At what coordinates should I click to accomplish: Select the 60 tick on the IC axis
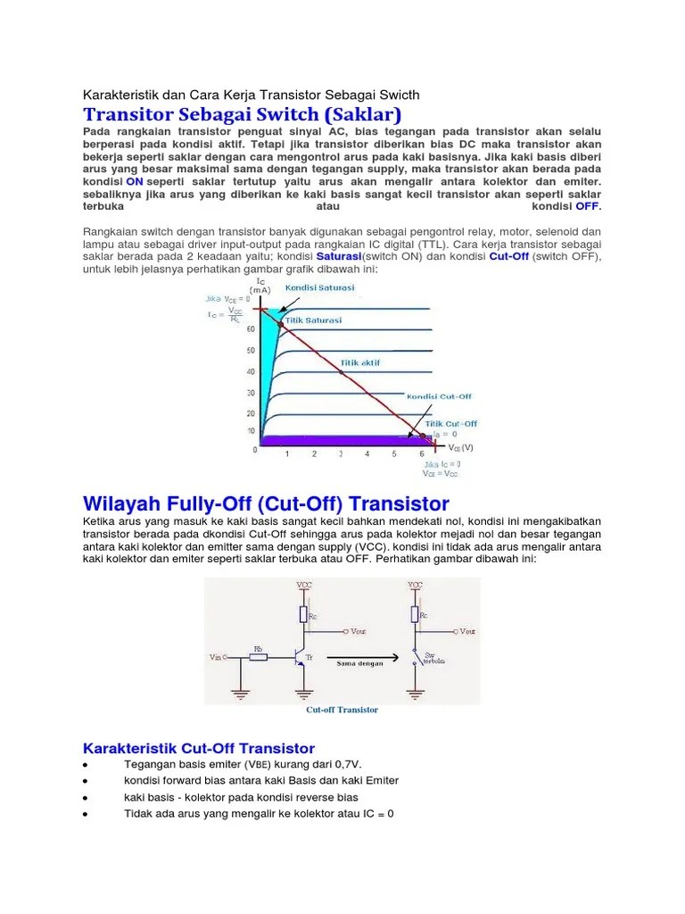[251, 328]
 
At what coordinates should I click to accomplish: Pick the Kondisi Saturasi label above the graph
[318, 288]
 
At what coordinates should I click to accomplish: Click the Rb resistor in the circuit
[258, 656]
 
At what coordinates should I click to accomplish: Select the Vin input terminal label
[216, 657]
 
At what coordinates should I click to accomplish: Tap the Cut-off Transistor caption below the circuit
[342, 710]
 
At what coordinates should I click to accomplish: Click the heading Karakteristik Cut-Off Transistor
[198, 748]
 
